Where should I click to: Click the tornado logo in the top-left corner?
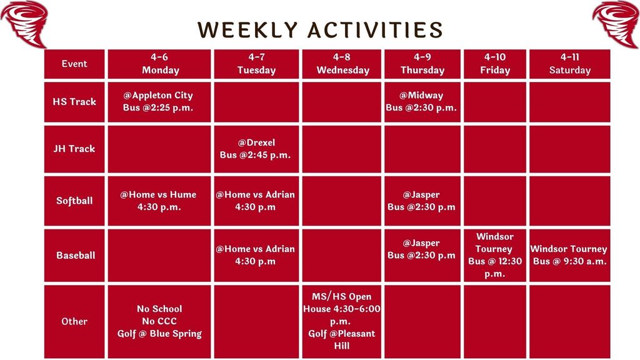(25, 23)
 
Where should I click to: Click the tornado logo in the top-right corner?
(616, 23)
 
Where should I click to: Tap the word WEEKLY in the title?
(246, 30)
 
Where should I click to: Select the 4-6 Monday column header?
(160, 64)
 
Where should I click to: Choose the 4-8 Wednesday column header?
(342, 64)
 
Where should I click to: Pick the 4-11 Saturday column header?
(569, 64)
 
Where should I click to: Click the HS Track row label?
(74, 101)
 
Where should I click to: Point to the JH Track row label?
(74, 149)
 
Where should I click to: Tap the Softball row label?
(74, 201)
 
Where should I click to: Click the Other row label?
(74, 321)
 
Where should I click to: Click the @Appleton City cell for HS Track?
(158, 101)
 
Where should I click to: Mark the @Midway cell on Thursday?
(421, 101)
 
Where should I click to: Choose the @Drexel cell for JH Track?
(255, 149)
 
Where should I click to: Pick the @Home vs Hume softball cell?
(158, 201)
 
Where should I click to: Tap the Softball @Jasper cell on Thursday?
(421, 201)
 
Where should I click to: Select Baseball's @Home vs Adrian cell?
(255, 255)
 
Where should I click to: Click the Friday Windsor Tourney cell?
(495, 255)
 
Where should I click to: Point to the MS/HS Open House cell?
(342, 321)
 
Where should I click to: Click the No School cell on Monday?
(159, 321)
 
